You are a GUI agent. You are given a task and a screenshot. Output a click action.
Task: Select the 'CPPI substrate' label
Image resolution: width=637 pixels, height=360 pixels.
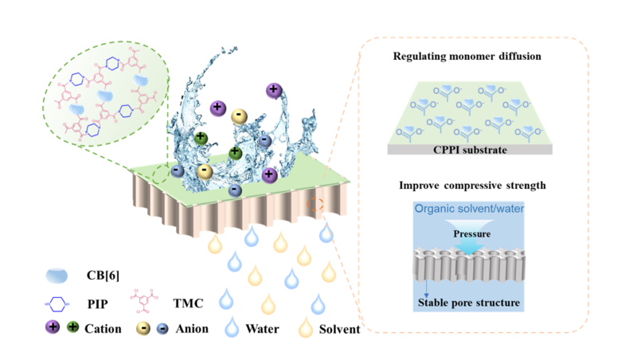pos(474,149)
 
